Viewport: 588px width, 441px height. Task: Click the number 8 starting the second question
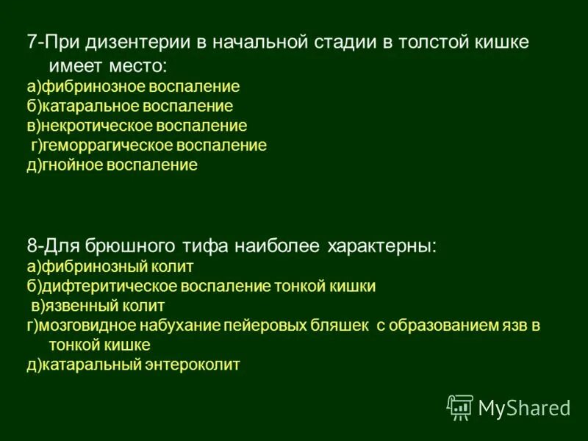(32, 246)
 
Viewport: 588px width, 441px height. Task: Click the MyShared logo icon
(460, 406)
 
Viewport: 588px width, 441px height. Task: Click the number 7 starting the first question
(31, 42)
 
